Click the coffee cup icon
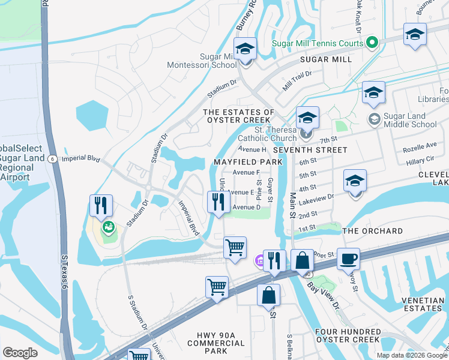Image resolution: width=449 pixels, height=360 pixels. click(348, 259)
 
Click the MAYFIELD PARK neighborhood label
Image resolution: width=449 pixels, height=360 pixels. click(247, 163)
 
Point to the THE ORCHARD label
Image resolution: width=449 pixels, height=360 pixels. click(372, 231)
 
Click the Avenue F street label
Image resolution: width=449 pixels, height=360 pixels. click(246, 172)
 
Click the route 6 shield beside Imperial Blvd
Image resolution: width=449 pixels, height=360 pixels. click(52, 158)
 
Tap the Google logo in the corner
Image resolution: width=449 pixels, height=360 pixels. click(20, 353)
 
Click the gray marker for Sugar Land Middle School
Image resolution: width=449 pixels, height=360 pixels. click(373, 120)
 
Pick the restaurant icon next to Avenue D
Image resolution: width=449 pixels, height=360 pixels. click(218, 202)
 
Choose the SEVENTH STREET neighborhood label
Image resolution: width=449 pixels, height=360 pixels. click(310, 149)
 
